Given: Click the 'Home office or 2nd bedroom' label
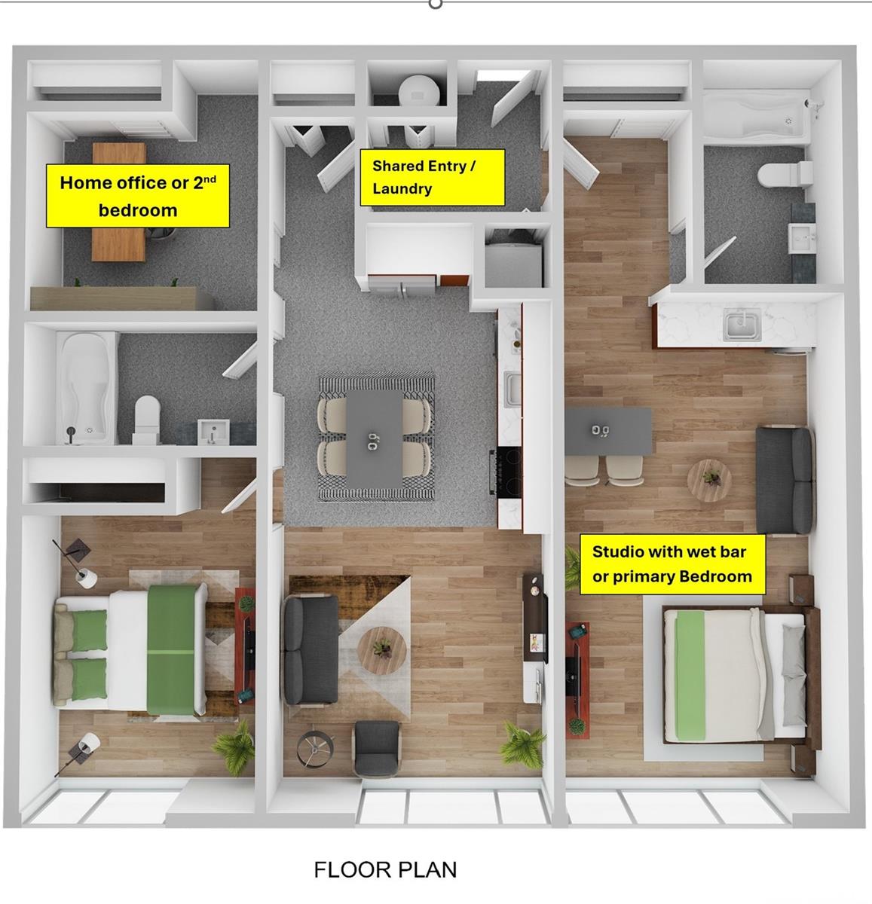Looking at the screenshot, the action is (x=138, y=196).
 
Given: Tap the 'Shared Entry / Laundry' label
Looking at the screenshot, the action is (x=433, y=178).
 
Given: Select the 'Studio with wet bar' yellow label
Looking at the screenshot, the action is (x=672, y=564).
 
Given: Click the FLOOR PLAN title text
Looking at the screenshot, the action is (x=385, y=869).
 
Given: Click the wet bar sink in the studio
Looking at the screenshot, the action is (x=742, y=324).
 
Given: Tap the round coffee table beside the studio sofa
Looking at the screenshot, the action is (x=709, y=481).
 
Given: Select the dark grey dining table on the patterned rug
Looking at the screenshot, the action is (x=374, y=438).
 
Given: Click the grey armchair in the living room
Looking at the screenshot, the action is (x=377, y=749).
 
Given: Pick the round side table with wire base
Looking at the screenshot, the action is (x=315, y=750).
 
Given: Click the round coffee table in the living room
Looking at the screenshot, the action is (x=382, y=650).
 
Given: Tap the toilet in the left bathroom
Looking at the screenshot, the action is (x=147, y=419).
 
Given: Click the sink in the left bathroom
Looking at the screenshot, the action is (x=213, y=432).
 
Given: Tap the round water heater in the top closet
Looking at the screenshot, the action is (x=419, y=90).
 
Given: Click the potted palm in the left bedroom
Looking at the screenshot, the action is (x=236, y=747).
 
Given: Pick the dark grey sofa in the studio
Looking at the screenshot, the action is (x=785, y=480).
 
